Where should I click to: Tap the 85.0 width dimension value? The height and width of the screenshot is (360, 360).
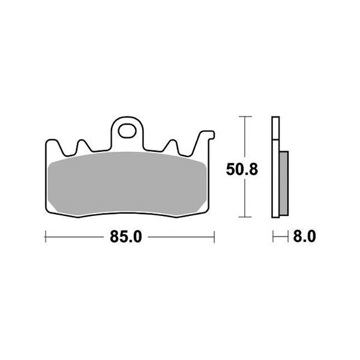126,238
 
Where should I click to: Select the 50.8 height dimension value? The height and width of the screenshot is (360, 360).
242,170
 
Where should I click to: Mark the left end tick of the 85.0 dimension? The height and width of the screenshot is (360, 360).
46,238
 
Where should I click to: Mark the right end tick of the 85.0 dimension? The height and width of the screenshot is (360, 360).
214,238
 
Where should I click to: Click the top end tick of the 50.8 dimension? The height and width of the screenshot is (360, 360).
243,116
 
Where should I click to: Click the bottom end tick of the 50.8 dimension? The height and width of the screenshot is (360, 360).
243,216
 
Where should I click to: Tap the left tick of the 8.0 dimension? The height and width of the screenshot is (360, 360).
272,238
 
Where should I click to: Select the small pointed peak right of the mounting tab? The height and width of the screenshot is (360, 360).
173,142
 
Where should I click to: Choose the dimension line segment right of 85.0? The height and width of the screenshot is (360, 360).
180,238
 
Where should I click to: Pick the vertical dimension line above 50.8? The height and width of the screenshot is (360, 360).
243,138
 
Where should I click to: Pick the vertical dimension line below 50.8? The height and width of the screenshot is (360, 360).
243,198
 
